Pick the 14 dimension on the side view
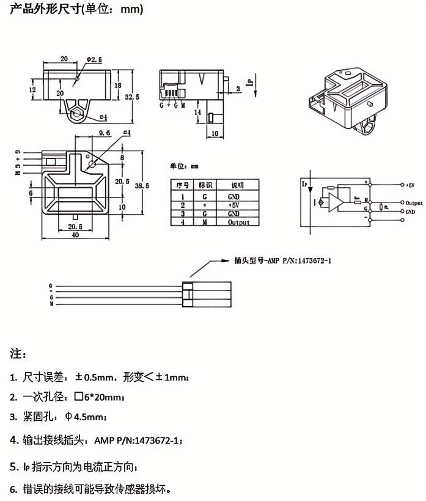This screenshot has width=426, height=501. tap(197, 113)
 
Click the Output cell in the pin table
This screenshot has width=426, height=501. tap(239, 223)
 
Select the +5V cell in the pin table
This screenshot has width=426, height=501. tap(234, 206)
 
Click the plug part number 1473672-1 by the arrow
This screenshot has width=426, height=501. tap(312, 260)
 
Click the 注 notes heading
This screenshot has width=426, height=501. tap(17, 354)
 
